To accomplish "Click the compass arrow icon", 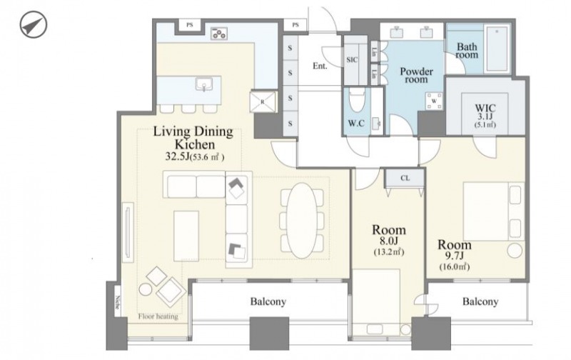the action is (x=33, y=25).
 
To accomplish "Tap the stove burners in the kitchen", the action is (x=219, y=33).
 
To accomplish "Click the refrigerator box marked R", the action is (x=263, y=101).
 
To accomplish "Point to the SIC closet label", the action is (x=352, y=60).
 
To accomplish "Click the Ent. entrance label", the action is (x=320, y=66).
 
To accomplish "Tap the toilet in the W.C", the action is (x=356, y=100).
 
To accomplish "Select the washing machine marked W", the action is (x=434, y=101).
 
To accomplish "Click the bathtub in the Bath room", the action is (x=497, y=49).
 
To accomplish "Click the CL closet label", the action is (x=405, y=178).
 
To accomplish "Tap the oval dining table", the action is (x=301, y=221).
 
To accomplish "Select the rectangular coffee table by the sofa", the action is (x=186, y=236).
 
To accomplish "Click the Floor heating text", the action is (x=158, y=316).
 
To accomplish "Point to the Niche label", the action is (x=117, y=301).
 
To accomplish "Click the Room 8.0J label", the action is (x=388, y=240).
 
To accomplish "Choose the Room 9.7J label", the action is (x=454, y=255).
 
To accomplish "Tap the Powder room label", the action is (x=416, y=75).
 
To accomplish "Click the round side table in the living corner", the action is (x=146, y=289).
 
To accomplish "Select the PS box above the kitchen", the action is (x=189, y=25).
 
